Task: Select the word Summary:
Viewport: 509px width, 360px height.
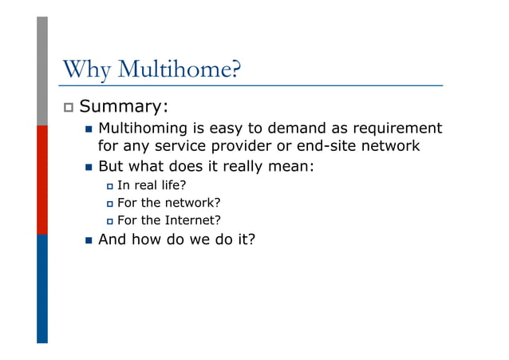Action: point(124,106)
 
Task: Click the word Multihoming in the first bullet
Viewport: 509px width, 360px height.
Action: point(141,129)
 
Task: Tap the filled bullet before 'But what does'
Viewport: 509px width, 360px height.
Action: point(88,168)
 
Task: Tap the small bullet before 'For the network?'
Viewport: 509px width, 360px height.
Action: point(109,204)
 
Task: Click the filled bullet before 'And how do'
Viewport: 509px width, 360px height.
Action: point(88,239)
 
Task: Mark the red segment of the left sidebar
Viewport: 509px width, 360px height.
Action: point(41,180)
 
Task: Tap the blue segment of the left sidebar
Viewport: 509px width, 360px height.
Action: point(41,288)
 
